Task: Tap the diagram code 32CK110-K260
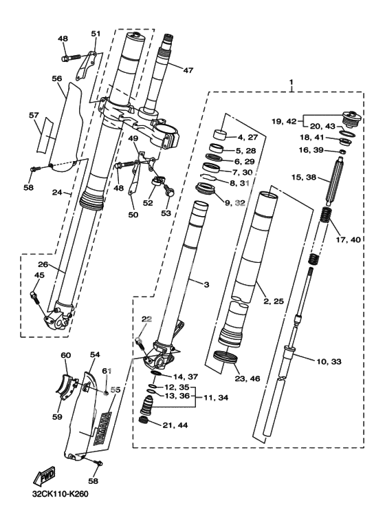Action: pos(60,494)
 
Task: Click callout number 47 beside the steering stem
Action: pos(188,70)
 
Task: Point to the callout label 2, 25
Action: pos(273,301)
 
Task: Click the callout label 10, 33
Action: pos(329,362)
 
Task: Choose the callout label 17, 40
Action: pos(348,240)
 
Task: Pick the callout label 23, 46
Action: pos(247,379)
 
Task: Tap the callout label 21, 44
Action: pos(175,425)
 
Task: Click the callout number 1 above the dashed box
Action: pos(291,83)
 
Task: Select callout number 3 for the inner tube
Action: pos(206,284)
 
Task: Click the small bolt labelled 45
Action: pos(35,297)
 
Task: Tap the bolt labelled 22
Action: pos(141,343)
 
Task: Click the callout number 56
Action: pos(57,78)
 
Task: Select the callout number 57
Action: pos(34,116)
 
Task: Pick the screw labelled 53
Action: pos(168,190)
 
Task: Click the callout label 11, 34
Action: pos(216,397)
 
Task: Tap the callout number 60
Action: pos(66,355)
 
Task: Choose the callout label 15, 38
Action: pos(304,177)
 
